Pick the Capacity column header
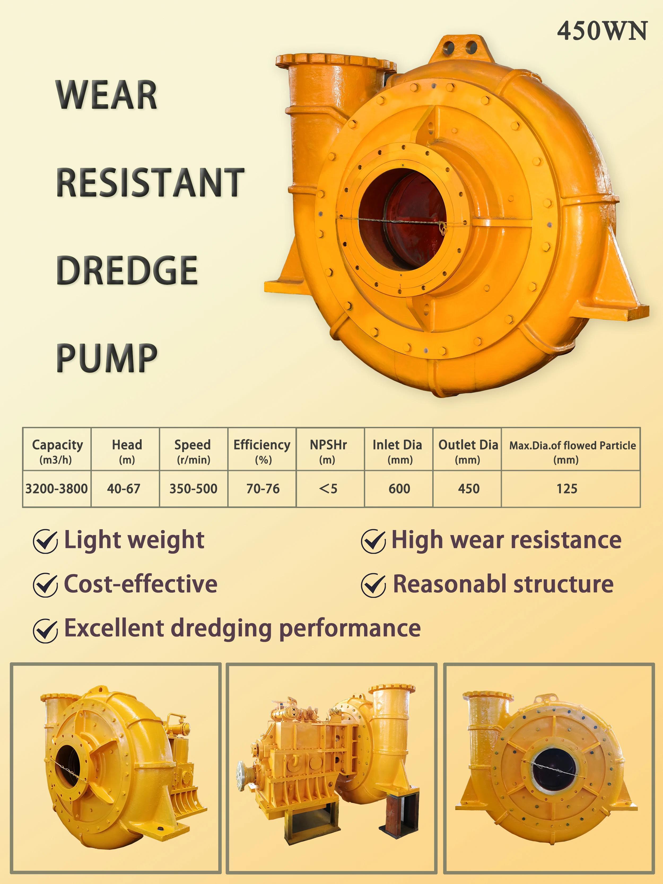point(57,451)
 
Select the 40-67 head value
point(124,489)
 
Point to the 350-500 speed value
point(193,489)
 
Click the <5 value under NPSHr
point(329,489)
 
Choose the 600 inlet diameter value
point(399,489)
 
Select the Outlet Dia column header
point(468,451)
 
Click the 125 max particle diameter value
point(567,489)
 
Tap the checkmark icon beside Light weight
point(45,541)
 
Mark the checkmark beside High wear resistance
point(373,541)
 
